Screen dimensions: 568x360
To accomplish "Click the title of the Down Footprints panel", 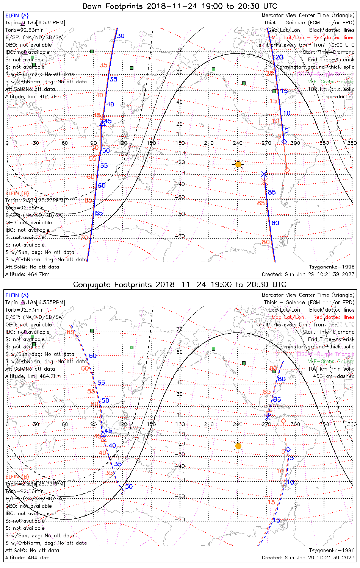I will coord(180,6).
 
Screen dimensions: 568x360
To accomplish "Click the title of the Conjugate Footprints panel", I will coord(180,284).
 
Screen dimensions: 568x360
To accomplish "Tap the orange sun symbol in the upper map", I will coord(238,164).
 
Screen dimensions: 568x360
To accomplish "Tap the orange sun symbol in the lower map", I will coord(238,446).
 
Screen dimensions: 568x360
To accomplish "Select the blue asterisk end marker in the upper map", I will coord(264,174).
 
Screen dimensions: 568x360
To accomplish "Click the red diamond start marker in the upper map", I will coord(287,170).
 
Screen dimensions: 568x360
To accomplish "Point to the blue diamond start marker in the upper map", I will coord(284,142).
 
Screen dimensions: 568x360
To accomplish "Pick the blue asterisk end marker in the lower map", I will coord(268,417).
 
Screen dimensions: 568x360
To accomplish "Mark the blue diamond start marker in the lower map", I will coord(288,449).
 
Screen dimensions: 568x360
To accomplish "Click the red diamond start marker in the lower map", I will coord(283,421).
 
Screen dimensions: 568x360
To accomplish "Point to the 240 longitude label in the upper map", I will coord(238,143).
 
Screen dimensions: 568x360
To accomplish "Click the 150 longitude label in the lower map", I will coord(151,424).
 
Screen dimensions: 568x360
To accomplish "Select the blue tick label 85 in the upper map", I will coord(272,192).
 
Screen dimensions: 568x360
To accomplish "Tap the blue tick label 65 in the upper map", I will coord(99,213).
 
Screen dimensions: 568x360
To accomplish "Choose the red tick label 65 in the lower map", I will coord(70,332).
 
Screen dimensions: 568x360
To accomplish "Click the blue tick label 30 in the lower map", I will coord(129,487).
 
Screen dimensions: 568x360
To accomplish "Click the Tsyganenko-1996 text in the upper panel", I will coord(332,267).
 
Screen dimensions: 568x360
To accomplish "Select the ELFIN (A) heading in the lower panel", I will coord(17,295).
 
